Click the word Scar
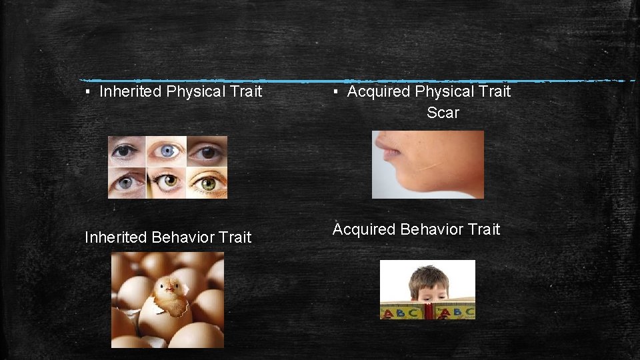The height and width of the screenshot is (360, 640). [x=443, y=113]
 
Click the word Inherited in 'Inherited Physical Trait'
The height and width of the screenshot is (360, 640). [x=131, y=91]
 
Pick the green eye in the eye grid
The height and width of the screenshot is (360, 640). [x=207, y=183]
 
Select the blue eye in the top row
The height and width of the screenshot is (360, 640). [x=168, y=151]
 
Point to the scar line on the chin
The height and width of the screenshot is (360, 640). [x=430, y=166]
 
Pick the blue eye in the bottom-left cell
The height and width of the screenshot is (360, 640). [x=127, y=182]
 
